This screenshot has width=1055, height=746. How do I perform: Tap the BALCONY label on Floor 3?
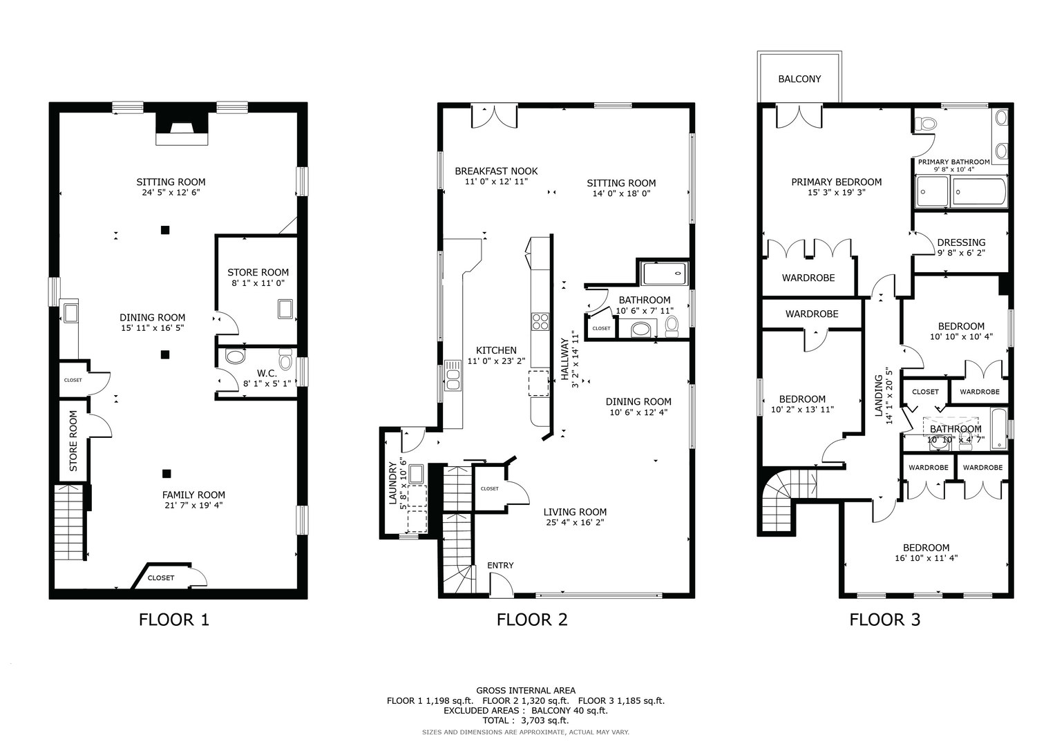coord(799,79)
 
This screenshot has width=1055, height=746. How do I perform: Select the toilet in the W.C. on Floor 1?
coord(285,359)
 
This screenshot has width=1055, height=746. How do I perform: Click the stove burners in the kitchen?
coord(540,322)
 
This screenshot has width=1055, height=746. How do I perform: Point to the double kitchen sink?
coord(453,375)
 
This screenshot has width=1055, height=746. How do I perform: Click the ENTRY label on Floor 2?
coord(500,565)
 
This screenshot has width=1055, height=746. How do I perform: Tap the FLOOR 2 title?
coord(532,620)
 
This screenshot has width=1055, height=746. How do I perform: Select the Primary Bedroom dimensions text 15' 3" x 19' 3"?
coord(836,193)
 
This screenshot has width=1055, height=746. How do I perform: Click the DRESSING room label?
coord(961,242)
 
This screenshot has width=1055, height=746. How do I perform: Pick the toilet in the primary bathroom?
coord(925,124)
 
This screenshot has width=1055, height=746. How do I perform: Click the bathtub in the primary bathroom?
coord(979,192)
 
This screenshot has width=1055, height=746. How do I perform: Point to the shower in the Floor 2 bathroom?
coord(665,274)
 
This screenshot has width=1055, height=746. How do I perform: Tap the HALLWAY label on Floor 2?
coord(564,359)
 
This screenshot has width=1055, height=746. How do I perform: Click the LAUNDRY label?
coord(392,484)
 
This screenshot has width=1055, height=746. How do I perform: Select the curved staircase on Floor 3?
coord(786,501)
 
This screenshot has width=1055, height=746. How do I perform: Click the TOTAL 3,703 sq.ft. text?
coord(526,720)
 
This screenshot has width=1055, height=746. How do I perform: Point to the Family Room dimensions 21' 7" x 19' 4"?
coord(193,506)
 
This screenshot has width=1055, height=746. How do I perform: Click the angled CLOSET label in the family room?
coord(161,578)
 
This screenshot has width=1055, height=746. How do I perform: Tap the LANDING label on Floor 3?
coord(878,396)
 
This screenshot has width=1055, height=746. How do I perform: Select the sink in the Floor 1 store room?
coord(285,309)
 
